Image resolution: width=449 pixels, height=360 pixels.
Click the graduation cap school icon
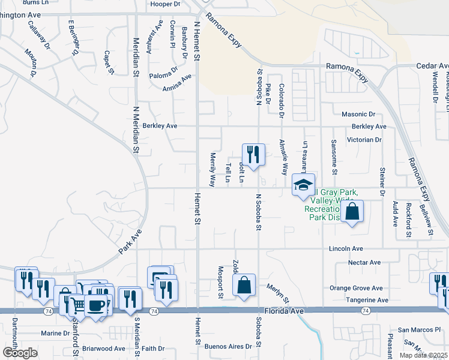[x=303, y=184]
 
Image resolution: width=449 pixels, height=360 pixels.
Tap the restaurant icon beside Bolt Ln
[x=253, y=154]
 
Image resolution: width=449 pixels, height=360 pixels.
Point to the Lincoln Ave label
[x=346, y=248]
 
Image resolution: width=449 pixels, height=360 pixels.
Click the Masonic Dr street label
[x=358, y=114]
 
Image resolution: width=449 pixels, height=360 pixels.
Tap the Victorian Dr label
[x=364, y=140]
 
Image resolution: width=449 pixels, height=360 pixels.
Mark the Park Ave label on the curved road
[x=129, y=242]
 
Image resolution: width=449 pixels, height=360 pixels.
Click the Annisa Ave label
[x=177, y=83]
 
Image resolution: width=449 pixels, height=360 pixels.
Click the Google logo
[x=20, y=353]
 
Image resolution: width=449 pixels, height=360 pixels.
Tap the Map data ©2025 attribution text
[x=424, y=355]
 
